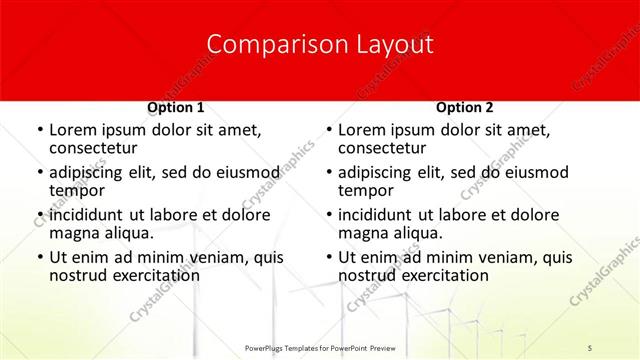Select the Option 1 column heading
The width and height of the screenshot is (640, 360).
click(x=176, y=107)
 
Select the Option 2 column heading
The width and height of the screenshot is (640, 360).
click(x=465, y=107)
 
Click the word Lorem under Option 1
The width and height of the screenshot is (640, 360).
click(x=74, y=130)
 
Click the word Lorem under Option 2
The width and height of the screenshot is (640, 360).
click(x=363, y=130)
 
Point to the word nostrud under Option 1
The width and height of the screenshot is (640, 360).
click(x=79, y=275)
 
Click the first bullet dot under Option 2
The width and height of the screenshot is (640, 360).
click(x=329, y=131)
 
